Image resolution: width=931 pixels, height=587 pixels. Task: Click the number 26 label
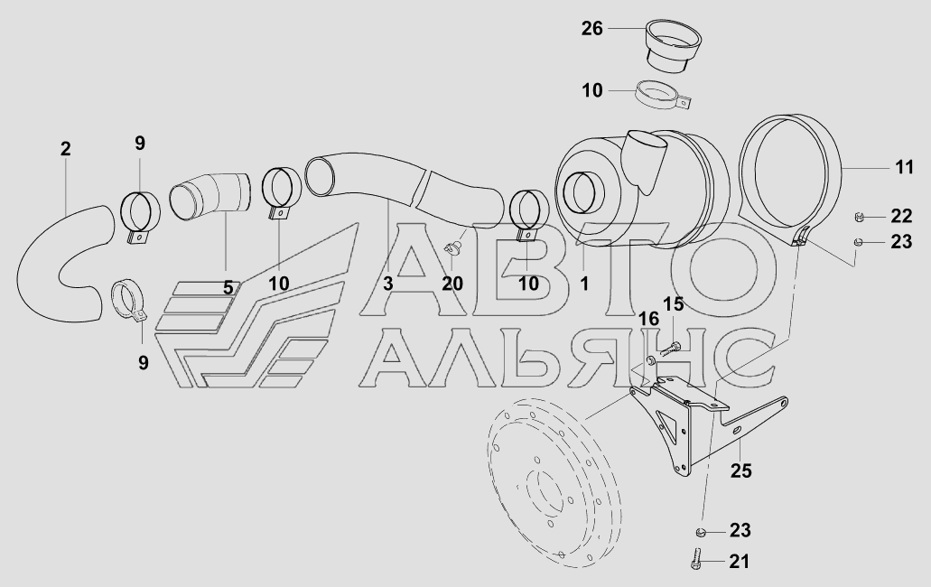click(592, 29)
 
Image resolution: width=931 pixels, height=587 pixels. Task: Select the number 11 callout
click(904, 167)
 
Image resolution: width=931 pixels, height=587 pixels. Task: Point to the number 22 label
click(901, 216)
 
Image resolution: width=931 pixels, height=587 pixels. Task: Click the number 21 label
click(739, 561)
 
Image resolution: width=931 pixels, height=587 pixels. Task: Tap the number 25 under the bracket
click(741, 471)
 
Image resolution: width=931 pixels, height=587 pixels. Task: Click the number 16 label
click(648, 320)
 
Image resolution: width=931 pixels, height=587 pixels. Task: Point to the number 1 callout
click(584, 284)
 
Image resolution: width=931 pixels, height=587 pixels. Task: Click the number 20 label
click(452, 284)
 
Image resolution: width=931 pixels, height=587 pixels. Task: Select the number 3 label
click(387, 284)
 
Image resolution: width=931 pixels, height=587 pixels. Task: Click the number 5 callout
click(228, 288)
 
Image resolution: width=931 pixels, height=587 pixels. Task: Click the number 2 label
click(65, 149)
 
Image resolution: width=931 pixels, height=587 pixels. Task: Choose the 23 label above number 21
click(740, 530)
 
